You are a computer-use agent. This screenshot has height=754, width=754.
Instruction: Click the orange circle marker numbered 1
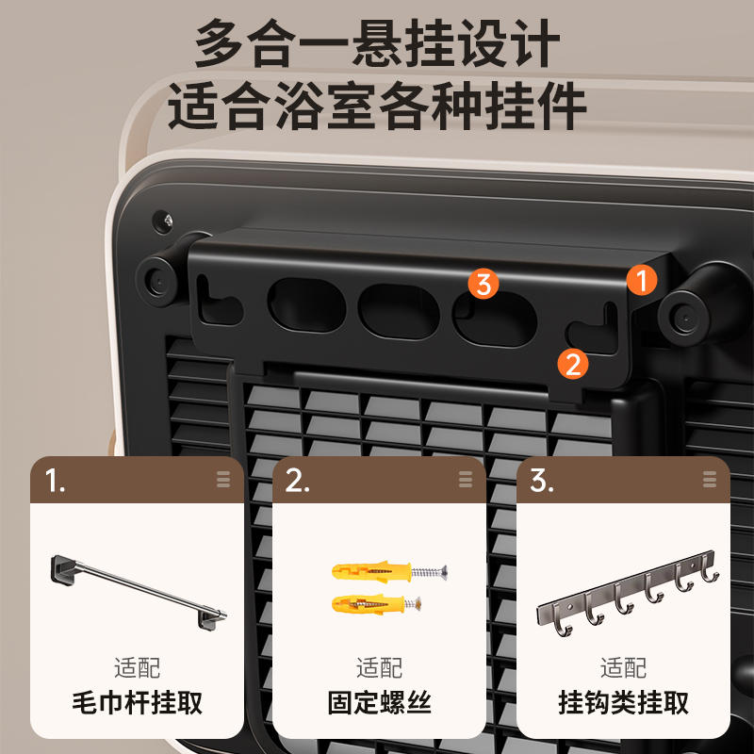coord(642,280)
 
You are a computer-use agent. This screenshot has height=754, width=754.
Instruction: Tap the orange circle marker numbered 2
coord(573,363)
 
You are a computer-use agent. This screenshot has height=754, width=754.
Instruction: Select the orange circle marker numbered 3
coord(484,283)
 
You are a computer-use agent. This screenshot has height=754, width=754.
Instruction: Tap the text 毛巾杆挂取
coord(138,702)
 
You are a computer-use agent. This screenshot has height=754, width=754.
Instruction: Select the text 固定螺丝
coord(379,702)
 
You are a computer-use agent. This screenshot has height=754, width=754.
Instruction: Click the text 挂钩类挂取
coord(623,702)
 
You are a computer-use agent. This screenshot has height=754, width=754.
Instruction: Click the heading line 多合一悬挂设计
coord(377,44)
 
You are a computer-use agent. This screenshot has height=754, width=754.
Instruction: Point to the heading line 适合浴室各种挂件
coord(377,107)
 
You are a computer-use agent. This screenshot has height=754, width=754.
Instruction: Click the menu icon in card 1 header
coord(223,480)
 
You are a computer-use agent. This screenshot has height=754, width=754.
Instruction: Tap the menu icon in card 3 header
coord(709,480)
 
